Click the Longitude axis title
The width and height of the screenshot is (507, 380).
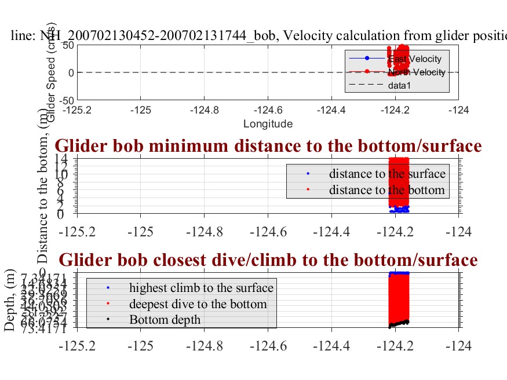[268, 123]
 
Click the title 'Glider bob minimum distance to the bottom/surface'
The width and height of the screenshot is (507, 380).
[268, 146]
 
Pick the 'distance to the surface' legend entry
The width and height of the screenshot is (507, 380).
[387, 174]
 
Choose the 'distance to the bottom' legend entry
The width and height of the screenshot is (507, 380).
[386, 190]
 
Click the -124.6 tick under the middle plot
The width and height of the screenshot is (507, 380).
[268, 231]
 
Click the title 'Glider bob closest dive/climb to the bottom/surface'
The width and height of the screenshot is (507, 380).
[268, 259]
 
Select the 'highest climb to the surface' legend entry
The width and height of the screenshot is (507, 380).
[201, 287]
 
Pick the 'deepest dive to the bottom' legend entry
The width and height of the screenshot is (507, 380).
[198, 304]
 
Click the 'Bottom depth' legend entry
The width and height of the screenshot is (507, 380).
[164, 319]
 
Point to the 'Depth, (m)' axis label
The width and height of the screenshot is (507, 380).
[10, 302]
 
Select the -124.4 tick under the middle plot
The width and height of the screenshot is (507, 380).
[331, 231]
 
